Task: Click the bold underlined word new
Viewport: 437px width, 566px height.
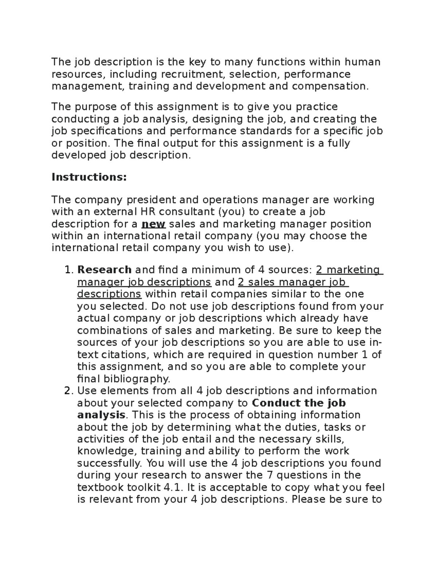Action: [x=153, y=224]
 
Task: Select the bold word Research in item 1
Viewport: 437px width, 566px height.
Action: [x=105, y=270]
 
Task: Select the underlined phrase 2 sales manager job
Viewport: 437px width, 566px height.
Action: [x=293, y=282]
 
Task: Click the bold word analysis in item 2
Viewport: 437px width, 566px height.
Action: [x=102, y=415]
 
